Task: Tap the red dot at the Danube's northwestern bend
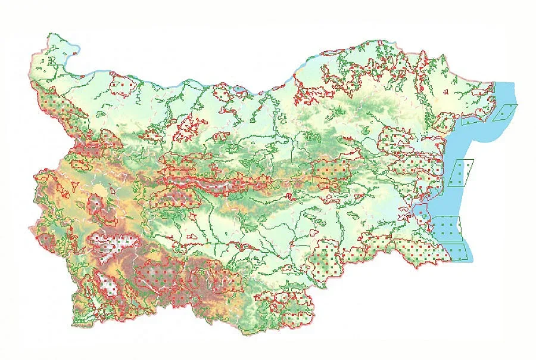pos(76,55)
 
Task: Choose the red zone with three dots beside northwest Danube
pos(123,87)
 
